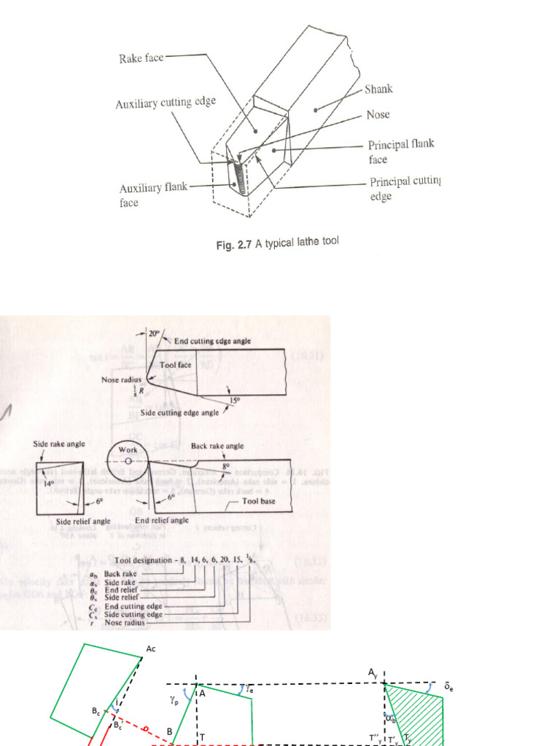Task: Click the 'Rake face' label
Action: (x=141, y=58)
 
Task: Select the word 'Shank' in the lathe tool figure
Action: (x=378, y=89)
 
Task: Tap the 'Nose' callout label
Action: (x=378, y=114)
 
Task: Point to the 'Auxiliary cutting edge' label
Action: (x=166, y=103)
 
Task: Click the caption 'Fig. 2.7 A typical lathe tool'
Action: (x=277, y=245)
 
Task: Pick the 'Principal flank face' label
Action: (x=401, y=151)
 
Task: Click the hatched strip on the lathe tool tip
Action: (x=238, y=176)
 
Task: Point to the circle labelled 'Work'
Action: (x=127, y=460)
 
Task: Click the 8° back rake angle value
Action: (x=225, y=463)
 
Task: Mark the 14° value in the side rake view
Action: (x=50, y=482)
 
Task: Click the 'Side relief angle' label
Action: (x=83, y=522)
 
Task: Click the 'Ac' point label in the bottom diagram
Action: (x=151, y=648)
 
